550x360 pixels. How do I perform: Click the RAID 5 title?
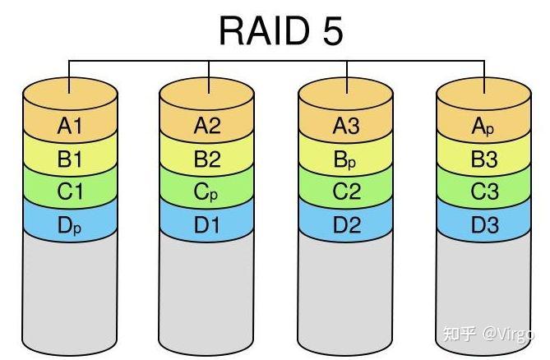[x=280, y=30]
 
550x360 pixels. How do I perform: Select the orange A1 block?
[x=69, y=126]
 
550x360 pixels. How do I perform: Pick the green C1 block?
[x=69, y=192]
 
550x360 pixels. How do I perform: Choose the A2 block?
[x=207, y=126]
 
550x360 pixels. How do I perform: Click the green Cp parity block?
[x=207, y=192]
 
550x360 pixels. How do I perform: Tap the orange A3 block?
[x=345, y=126]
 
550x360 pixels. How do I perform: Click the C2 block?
[x=345, y=192]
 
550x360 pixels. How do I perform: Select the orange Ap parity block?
[x=483, y=126]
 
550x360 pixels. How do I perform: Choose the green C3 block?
[x=483, y=192]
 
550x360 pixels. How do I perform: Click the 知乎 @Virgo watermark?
[x=488, y=334]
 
